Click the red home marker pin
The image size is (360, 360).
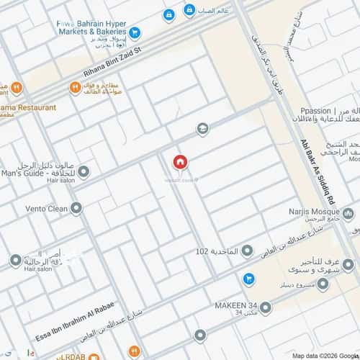point(179,163)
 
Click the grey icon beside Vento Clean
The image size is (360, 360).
point(76,209)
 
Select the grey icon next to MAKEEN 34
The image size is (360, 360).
point(266,308)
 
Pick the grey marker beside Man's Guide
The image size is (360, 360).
point(84,172)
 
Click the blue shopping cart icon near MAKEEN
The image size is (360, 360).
point(248,278)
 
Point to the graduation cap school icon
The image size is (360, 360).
point(203,129)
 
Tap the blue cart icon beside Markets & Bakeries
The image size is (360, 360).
point(135,32)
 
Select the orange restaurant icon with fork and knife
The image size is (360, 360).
point(74,88)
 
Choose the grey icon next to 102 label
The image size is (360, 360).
point(247,251)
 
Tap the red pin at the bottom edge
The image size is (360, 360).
point(200,336)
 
